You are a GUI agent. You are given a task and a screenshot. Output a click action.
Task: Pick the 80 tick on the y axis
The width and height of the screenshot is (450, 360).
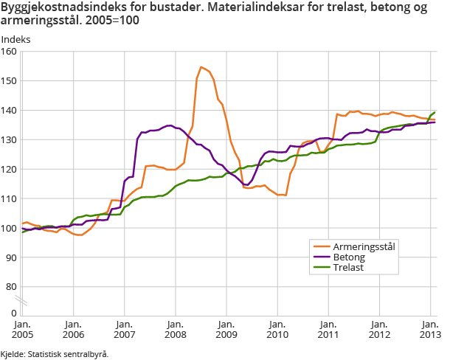(11, 287)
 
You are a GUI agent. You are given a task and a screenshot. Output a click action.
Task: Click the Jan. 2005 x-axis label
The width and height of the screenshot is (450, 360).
(21, 328)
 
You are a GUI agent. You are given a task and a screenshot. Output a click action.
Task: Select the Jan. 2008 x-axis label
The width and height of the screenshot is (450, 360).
(175, 328)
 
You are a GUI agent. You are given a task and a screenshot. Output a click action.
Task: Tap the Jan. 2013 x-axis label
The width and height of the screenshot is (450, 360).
(430, 328)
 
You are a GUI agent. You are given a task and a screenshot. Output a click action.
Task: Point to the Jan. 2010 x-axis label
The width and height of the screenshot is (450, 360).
(277, 328)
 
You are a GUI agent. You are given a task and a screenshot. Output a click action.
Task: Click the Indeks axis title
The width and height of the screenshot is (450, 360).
(15, 37)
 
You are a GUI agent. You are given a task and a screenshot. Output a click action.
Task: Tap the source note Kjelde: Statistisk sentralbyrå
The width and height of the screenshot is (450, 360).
(55, 354)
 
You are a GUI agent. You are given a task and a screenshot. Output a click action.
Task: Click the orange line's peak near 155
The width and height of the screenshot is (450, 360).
(201, 67)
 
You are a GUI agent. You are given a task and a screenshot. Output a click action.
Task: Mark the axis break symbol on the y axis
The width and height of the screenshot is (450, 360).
(22, 302)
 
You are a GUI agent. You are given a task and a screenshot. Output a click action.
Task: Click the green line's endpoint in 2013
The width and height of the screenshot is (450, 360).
(435, 112)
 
